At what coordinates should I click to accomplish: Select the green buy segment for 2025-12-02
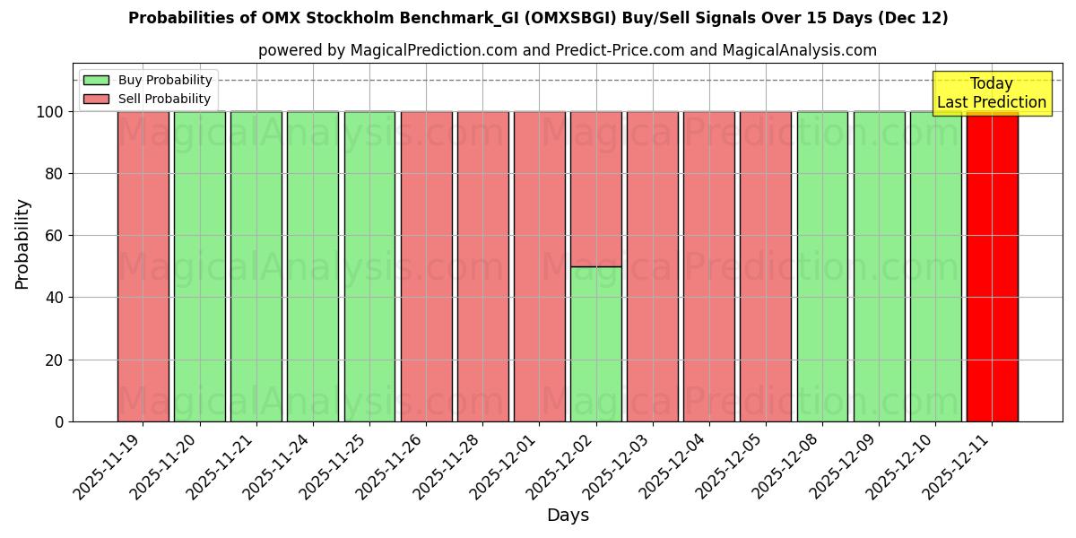point(595,344)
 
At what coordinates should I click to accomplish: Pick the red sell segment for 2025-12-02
point(595,189)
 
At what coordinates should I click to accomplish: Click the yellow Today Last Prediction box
point(991,93)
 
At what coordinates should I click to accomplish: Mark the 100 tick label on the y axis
point(50,112)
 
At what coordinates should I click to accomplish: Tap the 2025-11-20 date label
point(163,464)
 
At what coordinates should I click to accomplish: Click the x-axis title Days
point(568,516)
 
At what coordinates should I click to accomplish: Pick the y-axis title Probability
point(22,244)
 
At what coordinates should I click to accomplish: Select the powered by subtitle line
point(568,50)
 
